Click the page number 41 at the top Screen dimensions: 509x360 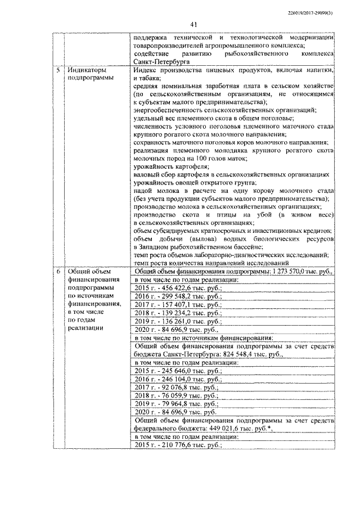click(193, 24)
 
